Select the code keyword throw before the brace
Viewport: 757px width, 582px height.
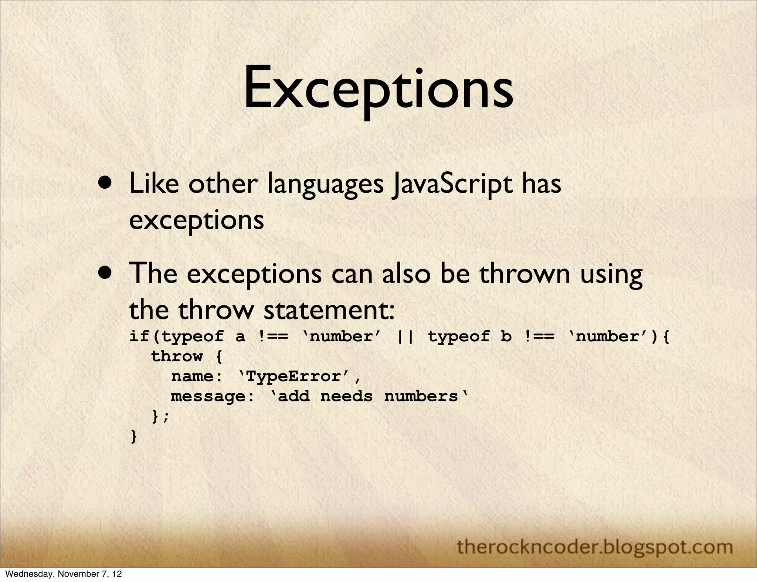pyautogui.click(x=177, y=356)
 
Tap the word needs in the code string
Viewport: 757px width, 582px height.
pyautogui.click(x=346, y=396)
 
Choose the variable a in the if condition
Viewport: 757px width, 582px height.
pyautogui.click(x=240, y=336)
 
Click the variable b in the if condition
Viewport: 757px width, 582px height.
pyautogui.click(x=506, y=336)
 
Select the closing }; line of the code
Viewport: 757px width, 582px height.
pyautogui.click(x=160, y=417)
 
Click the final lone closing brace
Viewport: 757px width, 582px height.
pyautogui.click(x=134, y=437)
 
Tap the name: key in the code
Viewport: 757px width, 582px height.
pyautogui.click(x=197, y=377)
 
